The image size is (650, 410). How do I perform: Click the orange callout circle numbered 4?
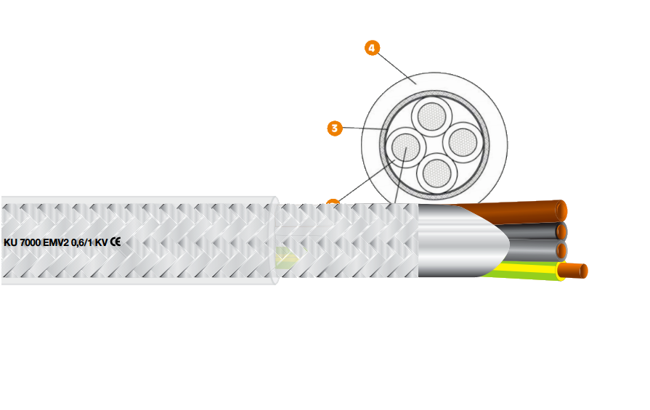coord(372,49)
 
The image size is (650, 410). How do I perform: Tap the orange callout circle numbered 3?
coord(335,128)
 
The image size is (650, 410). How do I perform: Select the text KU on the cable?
coord(11,243)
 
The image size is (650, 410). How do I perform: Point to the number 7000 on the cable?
coord(31,243)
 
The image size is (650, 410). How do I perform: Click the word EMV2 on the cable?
coord(56,243)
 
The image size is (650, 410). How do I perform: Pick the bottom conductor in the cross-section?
coord(436,172)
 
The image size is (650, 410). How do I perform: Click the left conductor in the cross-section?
coord(403,148)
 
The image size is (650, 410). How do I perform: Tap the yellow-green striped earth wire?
coord(523,271)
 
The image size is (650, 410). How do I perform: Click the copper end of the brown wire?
coord(562,211)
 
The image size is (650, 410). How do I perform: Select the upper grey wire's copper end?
coord(561,231)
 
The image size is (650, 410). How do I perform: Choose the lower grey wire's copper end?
coord(561,251)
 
